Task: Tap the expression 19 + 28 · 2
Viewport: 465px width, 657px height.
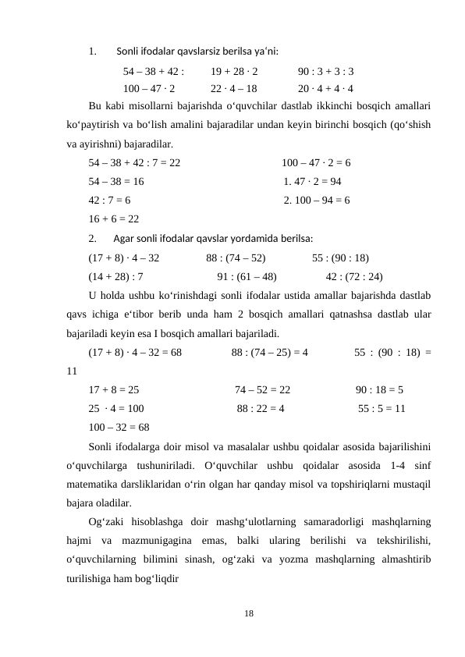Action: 234,70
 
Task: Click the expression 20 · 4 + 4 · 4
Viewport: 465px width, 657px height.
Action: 325,88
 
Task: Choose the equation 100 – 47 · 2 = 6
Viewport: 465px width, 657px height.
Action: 315,163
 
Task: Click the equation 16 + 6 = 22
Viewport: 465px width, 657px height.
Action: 114,218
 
